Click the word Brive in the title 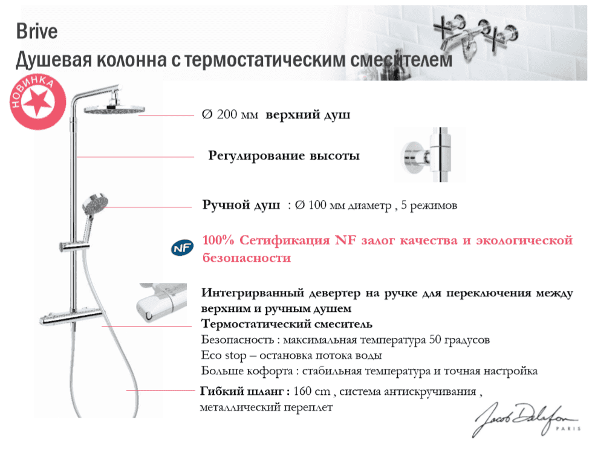pyautogui.click(x=37, y=31)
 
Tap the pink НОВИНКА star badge pyautogui.click(x=37, y=102)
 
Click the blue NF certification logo pyautogui.click(x=182, y=248)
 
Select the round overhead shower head pyautogui.click(x=114, y=109)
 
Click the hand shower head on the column pyautogui.click(x=96, y=203)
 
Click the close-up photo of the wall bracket pyautogui.click(x=430, y=155)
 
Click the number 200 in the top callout pyautogui.click(x=227, y=114)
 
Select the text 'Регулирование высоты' pyautogui.click(x=284, y=156)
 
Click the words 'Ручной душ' pyautogui.click(x=241, y=205)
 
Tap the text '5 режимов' pyautogui.click(x=429, y=206)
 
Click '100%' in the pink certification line pyautogui.click(x=218, y=240)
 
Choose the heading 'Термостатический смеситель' pyautogui.click(x=287, y=324)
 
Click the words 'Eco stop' pyautogui.click(x=224, y=355)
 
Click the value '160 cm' pyautogui.click(x=312, y=391)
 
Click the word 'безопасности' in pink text pyautogui.click(x=246, y=258)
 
